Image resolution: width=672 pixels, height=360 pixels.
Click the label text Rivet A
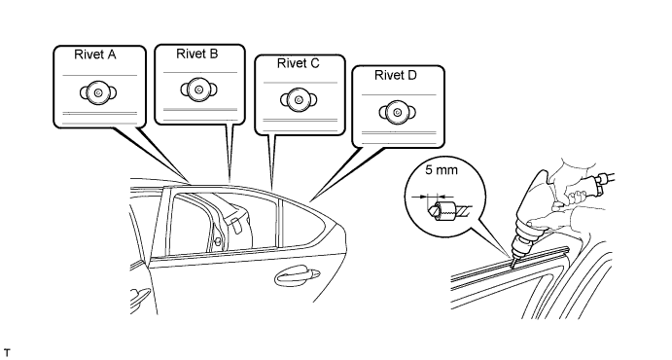click(x=95, y=54)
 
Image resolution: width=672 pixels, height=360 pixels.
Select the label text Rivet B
click(x=197, y=54)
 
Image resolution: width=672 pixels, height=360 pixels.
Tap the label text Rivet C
click(x=299, y=63)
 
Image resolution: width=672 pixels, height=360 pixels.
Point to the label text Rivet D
click(x=396, y=75)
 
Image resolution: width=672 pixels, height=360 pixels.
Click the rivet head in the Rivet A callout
click(x=98, y=92)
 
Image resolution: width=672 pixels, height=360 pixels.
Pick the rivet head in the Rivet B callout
click(x=198, y=90)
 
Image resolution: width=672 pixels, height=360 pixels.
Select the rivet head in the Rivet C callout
click(x=299, y=100)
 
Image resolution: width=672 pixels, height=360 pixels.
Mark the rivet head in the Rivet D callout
click(x=398, y=113)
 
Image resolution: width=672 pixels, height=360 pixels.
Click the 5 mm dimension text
click(x=442, y=170)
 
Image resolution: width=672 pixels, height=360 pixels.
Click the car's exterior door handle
click(x=297, y=276)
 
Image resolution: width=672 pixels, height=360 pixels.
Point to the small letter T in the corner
click(x=7, y=353)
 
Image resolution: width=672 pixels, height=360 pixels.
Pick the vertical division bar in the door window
click(x=280, y=223)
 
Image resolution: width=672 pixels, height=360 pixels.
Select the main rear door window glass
click(x=223, y=223)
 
